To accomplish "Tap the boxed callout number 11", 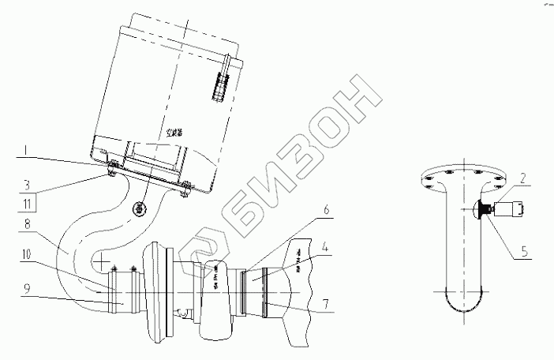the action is pos(27,203).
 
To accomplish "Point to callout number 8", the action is pos(27,225).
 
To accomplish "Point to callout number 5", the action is pos(522,255).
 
